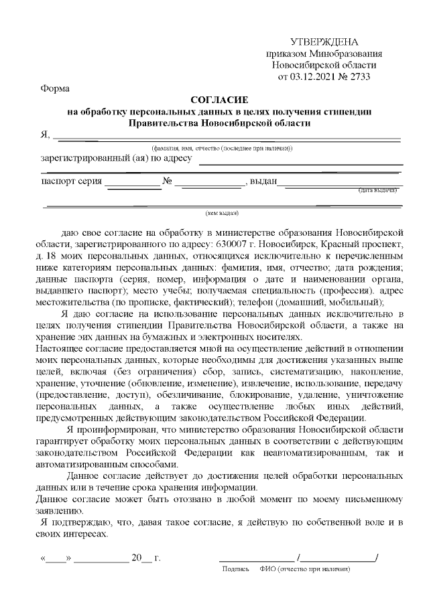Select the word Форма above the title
54,88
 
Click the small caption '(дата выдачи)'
377,190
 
